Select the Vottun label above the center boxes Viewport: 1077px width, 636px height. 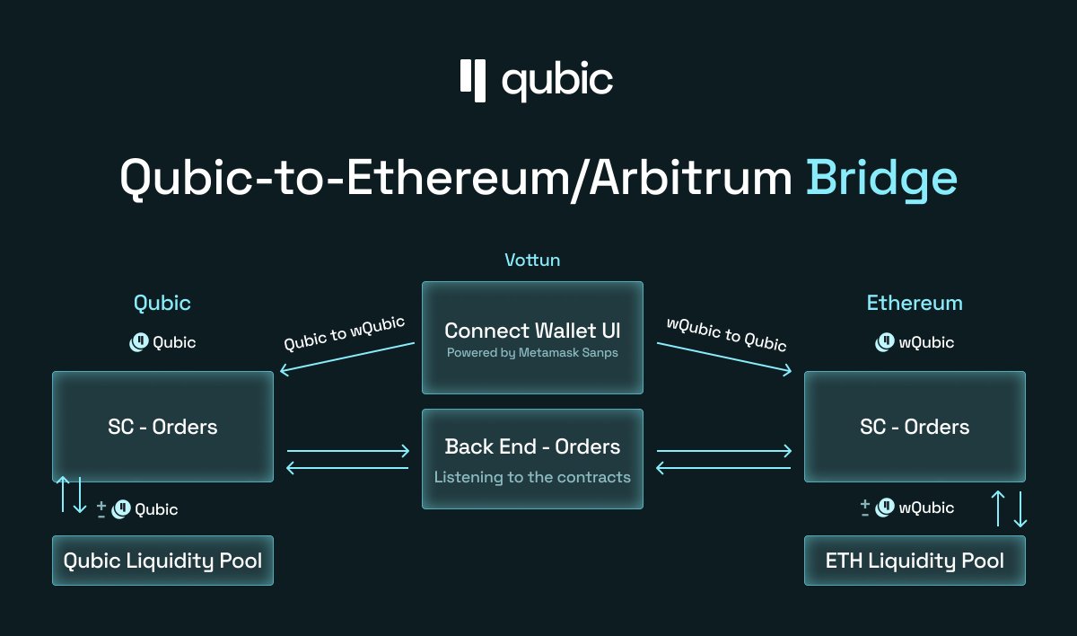coord(532,261)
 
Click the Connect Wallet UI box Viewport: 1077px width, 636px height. coord(532,337)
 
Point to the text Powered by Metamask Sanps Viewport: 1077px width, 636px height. coord(532,353)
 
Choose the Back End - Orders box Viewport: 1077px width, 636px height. coord(532,458)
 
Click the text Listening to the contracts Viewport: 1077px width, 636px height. coord(532,477)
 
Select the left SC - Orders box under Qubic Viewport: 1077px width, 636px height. coord(162,427)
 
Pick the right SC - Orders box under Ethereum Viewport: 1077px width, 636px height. coord(915,427)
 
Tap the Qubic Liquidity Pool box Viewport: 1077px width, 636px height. coord(162,561)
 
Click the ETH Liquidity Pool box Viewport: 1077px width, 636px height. coord(915,561)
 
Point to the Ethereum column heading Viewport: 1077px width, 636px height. coord(915,303)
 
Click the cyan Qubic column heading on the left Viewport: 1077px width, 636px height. coord(162,303)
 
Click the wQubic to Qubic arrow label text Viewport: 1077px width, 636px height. coord(726,333)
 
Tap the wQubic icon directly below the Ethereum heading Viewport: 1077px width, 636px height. coord(885,342)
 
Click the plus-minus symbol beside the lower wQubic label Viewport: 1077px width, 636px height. coord(865,508)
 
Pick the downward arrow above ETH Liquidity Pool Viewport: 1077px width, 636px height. coord(1020,508)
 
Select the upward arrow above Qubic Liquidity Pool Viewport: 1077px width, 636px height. coord(62,494)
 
